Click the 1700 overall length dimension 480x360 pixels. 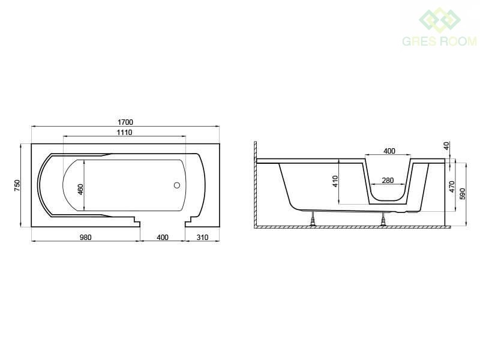coord(125,122)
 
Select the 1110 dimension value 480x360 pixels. coord(124,132)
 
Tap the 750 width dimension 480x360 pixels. coord(17,185)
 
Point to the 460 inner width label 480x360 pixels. coord(80,190)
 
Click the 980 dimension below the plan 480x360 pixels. coord(85,237)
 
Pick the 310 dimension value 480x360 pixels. coord(202,237)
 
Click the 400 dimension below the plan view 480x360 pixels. coord(163,237)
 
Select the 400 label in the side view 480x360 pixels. coord(389,151)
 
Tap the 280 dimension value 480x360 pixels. coord(388,181)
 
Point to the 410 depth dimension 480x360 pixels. coord(335,181)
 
